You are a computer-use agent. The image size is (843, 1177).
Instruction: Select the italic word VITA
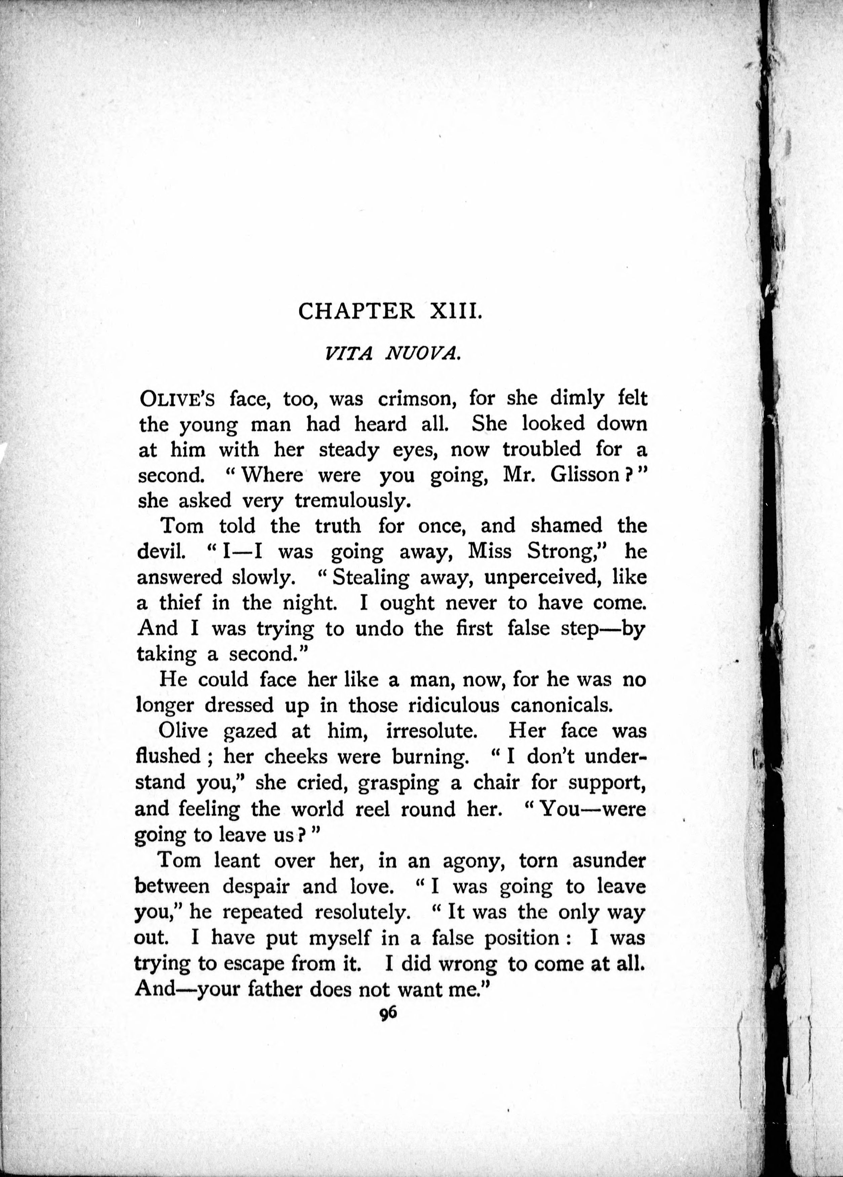tap(348, 354)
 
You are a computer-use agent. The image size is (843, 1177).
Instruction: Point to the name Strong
tap(568, 552)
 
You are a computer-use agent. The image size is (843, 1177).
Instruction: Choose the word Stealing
tap(371, 577)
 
